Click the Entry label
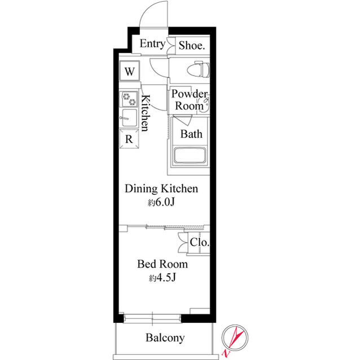point(152,45)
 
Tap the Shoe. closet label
point(191,46)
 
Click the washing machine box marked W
point(129,72)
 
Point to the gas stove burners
point(129,99)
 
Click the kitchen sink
point(129,119)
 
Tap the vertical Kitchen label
point(144,113)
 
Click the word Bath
point(191,134)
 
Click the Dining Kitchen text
point(161,189)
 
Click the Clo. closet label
point(200,243)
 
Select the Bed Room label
point(163,264)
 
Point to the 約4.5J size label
point(163,278)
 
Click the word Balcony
point(165,338)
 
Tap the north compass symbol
point(233,339)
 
